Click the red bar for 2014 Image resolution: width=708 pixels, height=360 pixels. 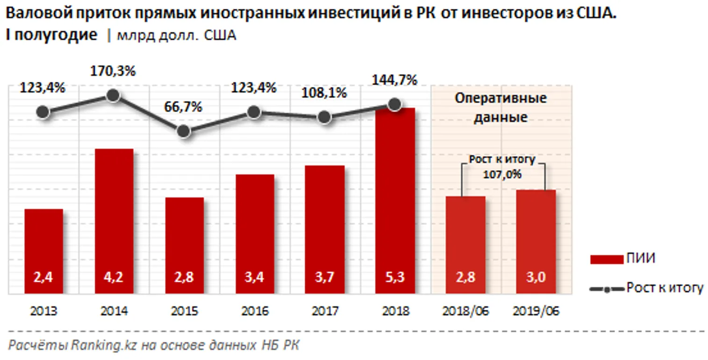114,220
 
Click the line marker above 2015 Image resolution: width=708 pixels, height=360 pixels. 184,131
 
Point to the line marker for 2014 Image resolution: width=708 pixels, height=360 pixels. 113,95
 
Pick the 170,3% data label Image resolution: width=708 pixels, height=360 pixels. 113,72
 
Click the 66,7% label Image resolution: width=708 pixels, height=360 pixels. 183,107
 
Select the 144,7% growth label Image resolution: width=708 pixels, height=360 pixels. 394,80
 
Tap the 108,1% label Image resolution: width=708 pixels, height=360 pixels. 324,93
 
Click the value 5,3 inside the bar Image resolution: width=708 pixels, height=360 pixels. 395,277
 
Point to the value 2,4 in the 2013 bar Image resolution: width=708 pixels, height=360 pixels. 43,277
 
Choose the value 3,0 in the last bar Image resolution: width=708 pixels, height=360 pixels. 536,277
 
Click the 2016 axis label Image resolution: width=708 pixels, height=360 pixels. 254,311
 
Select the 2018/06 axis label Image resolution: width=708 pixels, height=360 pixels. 465,311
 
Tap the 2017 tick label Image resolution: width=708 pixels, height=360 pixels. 325,311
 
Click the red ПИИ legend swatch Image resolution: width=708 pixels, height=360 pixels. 606,259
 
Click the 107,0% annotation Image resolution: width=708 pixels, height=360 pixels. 502,174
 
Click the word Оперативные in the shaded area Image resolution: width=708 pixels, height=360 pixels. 501,99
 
